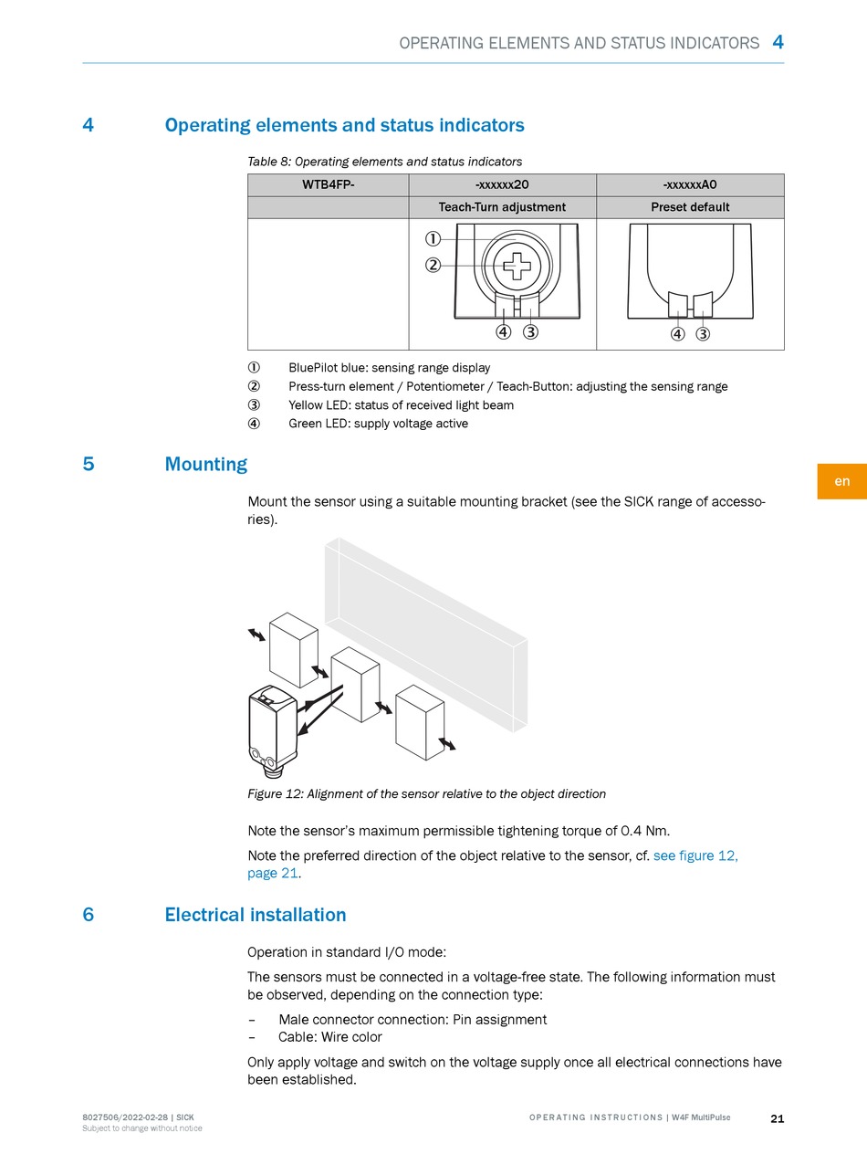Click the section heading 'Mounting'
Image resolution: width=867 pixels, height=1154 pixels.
point(205,464)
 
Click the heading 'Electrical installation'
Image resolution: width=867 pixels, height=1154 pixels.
point(255,915)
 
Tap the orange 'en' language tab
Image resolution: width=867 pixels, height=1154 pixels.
point(841,481)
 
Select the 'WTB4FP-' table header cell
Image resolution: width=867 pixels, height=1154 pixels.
point(328,184)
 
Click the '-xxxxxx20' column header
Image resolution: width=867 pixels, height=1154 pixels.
point(502,184)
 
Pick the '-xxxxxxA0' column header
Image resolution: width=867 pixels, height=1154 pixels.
point(690,184)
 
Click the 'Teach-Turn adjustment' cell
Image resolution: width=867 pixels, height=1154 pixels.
point(502,207)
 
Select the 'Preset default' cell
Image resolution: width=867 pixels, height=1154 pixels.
point(690,207)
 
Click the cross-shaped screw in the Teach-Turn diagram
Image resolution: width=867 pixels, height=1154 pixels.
point(517,266)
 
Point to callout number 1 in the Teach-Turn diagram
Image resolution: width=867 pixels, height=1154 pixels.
point(433,239)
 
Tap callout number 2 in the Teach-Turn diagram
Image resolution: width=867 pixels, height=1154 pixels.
point(433,266)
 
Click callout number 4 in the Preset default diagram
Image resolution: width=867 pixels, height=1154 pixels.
point(677,333)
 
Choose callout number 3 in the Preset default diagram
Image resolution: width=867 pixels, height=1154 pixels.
point(703,333)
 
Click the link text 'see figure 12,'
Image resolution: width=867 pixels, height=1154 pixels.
point(695,855)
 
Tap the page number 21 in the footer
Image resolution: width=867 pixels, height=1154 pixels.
point(777,1118)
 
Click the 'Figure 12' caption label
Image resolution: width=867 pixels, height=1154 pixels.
point(276,793)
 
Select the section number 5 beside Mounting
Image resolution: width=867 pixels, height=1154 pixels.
point(89,464)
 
